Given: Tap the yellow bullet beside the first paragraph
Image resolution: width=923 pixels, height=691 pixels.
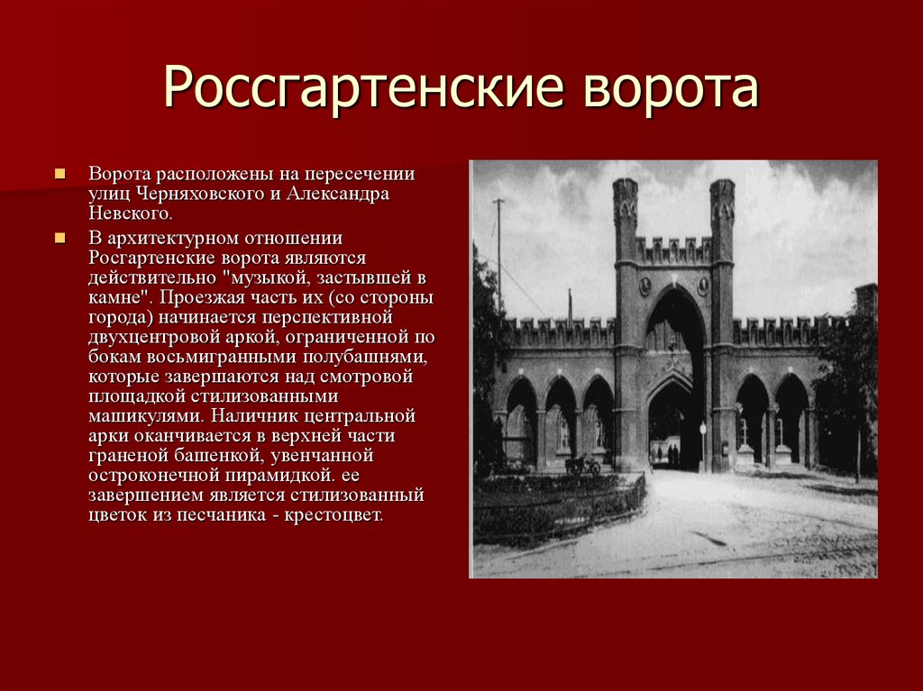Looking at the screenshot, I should coord(60,173).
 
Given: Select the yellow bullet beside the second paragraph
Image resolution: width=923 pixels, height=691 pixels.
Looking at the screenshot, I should coord(60,238).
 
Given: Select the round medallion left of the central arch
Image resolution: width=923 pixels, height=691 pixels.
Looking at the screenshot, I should coord(645,286).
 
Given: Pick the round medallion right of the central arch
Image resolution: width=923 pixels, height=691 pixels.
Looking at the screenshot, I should coord(703,286).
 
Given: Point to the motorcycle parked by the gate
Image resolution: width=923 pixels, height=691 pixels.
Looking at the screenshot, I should coord(581,464).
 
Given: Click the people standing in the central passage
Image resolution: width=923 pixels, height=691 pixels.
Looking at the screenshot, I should coord(672,452).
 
